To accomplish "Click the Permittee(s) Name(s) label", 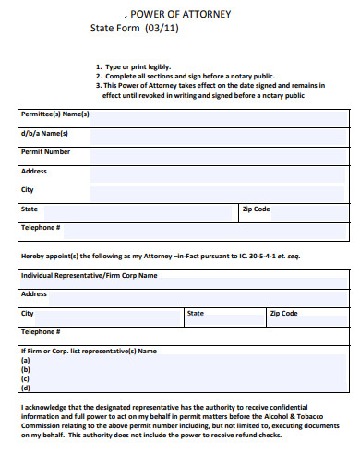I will coord(54,114).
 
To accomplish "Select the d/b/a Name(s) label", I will coord(44,133).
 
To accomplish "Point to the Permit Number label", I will coord(45,151).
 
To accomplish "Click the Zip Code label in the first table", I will coord(256,209).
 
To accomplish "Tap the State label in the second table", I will coord(196,314).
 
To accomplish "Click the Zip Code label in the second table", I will coord(283,314).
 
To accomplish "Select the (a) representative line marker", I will coord(25,361).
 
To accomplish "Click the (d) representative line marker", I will coord(25,388).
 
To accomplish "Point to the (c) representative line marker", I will coord(25,379).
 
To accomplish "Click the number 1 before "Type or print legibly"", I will coord(98,66).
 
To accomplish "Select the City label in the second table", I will coord(28,314).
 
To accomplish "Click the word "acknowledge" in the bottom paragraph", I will coord(48,407).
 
